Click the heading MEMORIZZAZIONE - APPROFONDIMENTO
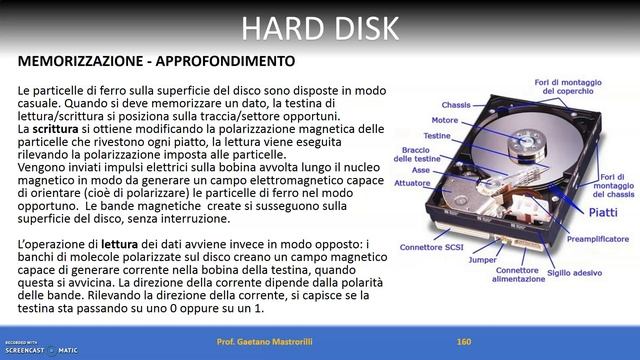156,61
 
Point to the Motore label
445,120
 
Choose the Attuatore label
412,183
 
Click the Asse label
421,170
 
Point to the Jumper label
483,259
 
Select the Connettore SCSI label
433,246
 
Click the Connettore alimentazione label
517,274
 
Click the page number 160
463,342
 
